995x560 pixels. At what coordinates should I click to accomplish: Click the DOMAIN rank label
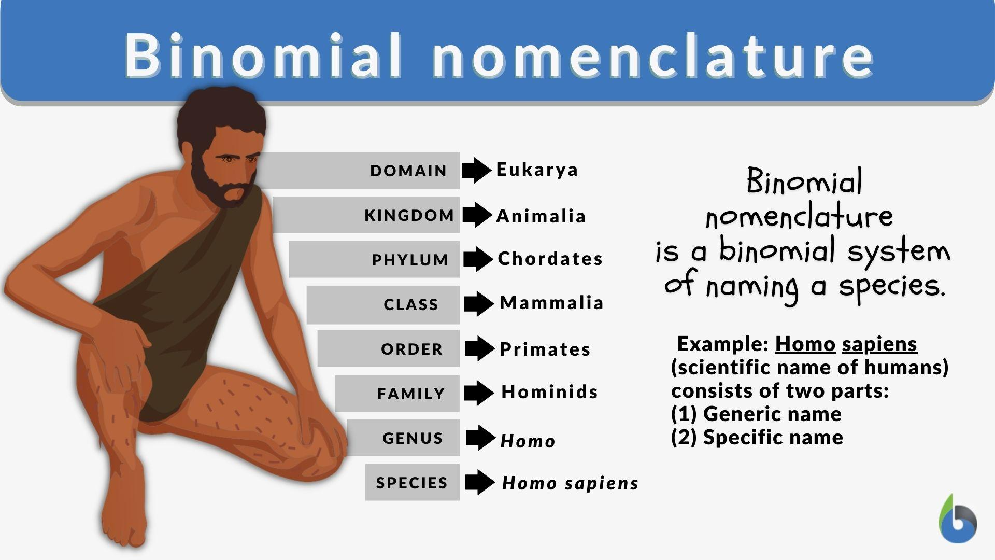[408, 171]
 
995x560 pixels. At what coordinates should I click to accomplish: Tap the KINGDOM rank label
[409, 215]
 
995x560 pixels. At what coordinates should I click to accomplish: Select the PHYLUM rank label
[410, 260]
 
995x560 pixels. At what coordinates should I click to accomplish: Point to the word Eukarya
[537, 170]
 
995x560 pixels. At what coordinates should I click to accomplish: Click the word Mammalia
[551, 303]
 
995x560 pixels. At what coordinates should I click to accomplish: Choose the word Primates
[545, 349]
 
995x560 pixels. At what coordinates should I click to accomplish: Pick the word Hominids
[549, 392]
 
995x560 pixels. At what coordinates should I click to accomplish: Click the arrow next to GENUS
[480, 438]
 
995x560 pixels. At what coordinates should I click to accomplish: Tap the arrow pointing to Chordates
[478, 259]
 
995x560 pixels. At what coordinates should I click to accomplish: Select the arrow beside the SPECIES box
[479, 482]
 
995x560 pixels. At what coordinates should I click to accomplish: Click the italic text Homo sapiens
[570, 483]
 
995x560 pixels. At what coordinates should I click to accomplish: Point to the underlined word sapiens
[879, 344]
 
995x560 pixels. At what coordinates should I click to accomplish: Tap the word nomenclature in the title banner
[653, 55]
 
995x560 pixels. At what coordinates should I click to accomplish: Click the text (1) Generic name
[756, 414]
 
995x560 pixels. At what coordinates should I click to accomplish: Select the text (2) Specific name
[757, 438]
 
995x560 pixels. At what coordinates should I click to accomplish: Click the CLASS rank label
[411, 304]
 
